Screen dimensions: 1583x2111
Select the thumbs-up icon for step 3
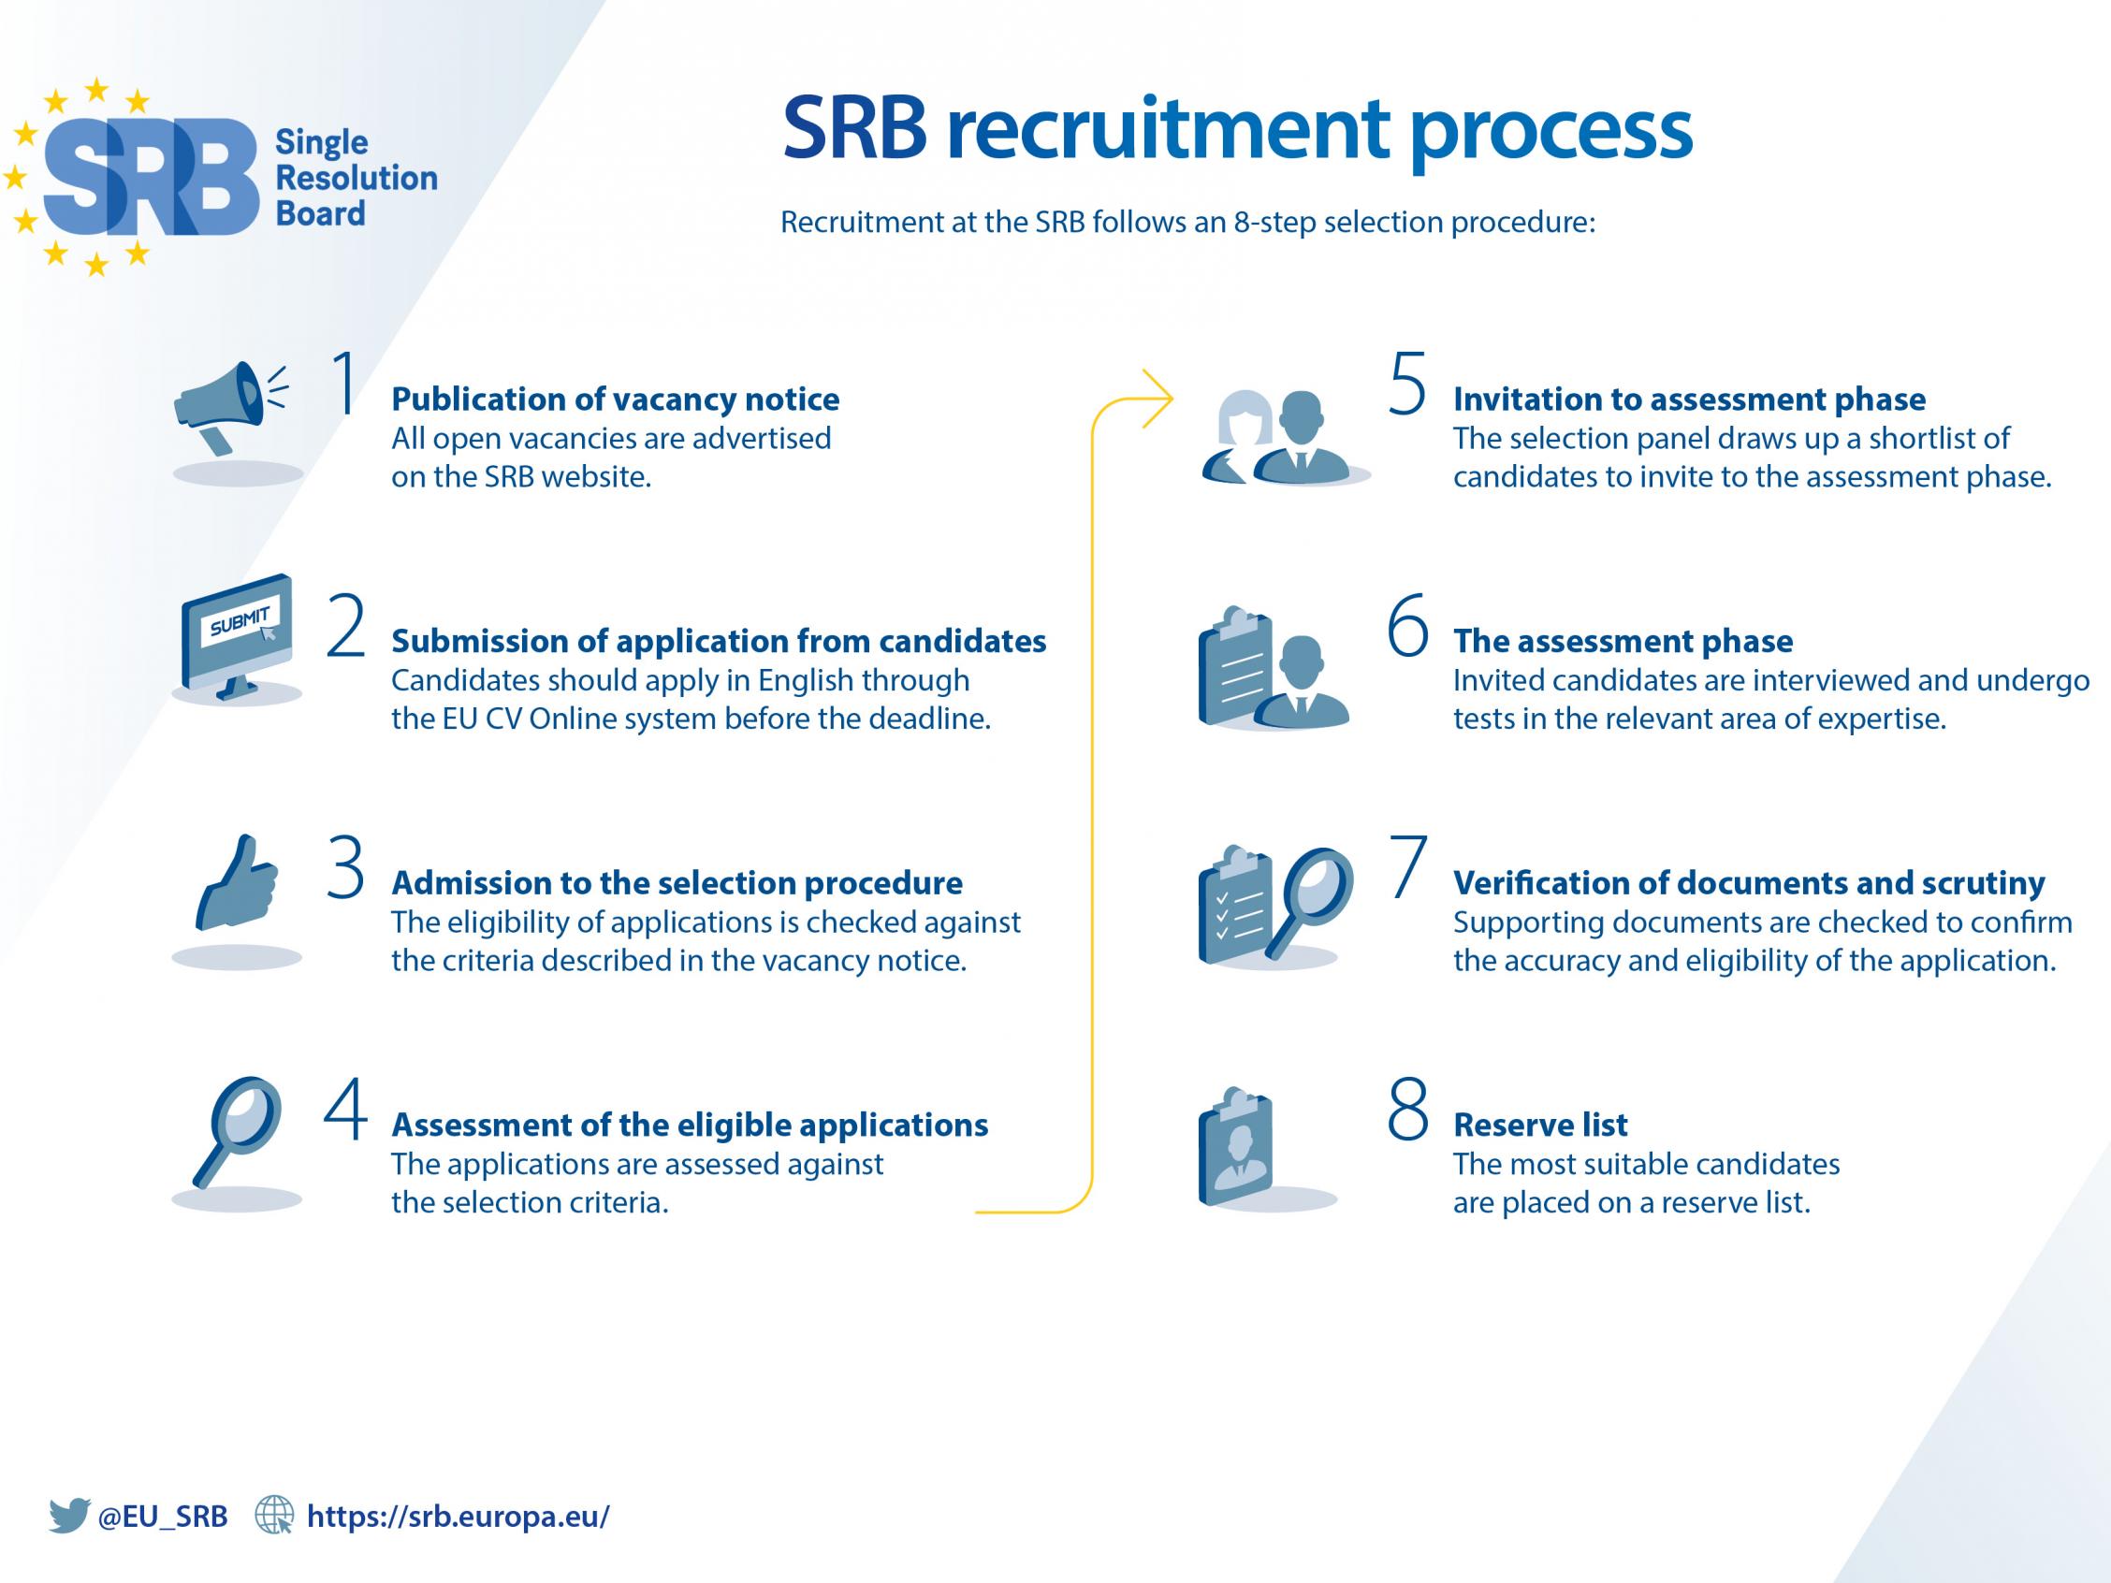tap(237, 882)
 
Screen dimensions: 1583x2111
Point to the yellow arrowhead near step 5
tap(1158, 398)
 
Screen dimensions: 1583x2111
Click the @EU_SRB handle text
tap(163, 1517)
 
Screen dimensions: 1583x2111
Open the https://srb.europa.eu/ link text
tap(458, 1517)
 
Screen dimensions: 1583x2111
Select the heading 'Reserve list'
tap(1539, 1125)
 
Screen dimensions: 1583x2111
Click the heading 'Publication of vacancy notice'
tap(616, 399)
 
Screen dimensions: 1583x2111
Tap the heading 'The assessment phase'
tap(1623, 641)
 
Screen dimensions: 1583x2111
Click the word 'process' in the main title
tap(1550, 132)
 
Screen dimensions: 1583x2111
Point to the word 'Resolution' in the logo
tap(356, 178)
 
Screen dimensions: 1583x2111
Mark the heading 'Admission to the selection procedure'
tap(677, 883)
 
